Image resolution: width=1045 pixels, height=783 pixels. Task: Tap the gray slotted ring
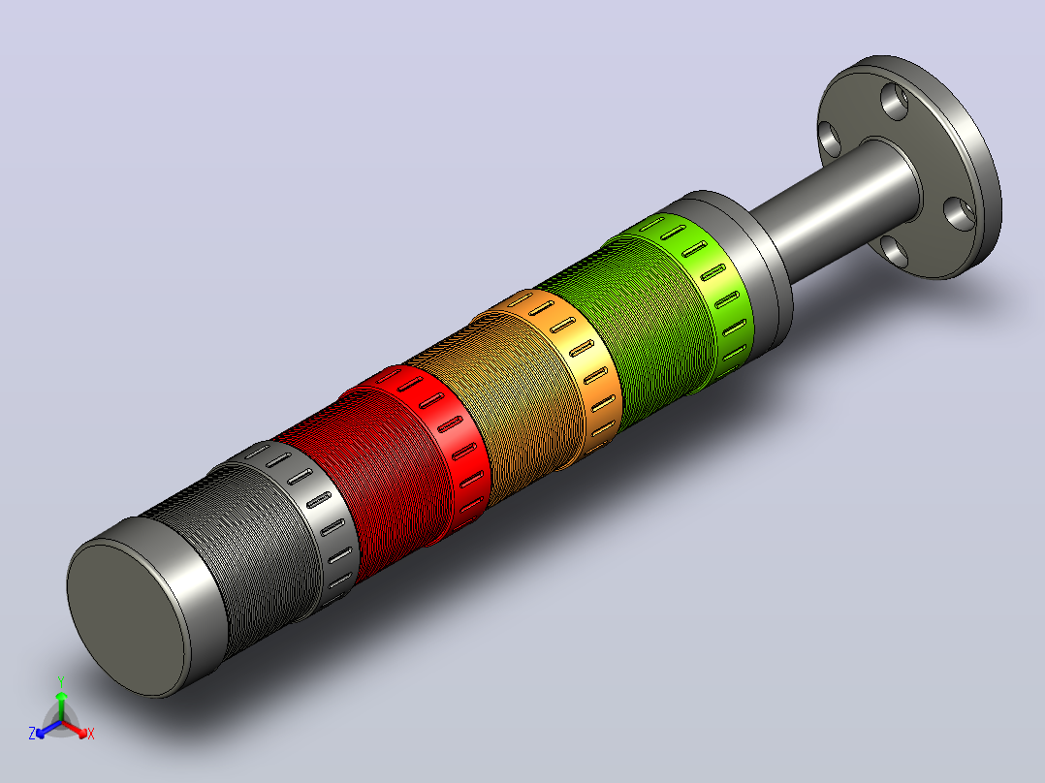coord(313,513)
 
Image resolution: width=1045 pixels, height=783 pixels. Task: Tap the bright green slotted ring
coord(707,287)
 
